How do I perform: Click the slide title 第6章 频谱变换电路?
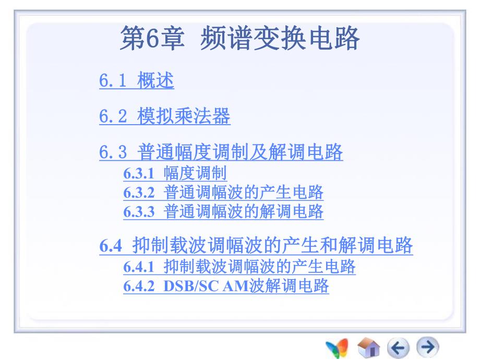tap(240, 40)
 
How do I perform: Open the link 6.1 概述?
tap(136, 81)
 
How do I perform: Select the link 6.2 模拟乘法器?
tap(164, 116)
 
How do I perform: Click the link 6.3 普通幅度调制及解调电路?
tap(221, 153)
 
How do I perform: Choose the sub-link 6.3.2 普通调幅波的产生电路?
tap(223, 193)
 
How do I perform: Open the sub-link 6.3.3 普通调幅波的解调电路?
tap(223, 211)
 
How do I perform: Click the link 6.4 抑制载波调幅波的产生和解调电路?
tap(256, 246)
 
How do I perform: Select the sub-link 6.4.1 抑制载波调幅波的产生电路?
tap(239, 267)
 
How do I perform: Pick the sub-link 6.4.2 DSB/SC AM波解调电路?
tap(226, 286)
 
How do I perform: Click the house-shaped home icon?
tap(370, 346)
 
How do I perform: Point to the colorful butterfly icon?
tap(338, 347)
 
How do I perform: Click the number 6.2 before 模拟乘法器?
tap(113, 117)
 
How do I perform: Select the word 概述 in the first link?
tap(155, 81)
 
